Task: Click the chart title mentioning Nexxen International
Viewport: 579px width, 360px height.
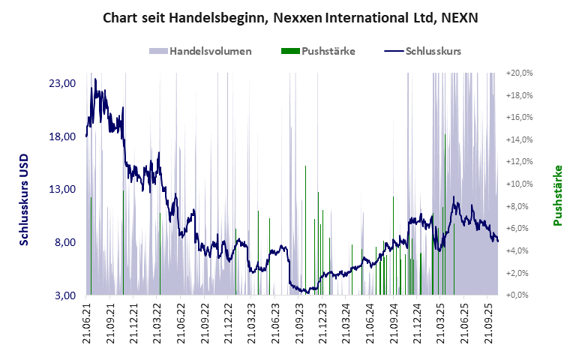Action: pos(289,17)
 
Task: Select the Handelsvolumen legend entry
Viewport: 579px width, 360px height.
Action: pos(200,51)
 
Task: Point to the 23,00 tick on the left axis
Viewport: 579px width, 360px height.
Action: pos(61,83)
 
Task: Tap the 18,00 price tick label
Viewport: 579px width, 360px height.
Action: pos(61,136)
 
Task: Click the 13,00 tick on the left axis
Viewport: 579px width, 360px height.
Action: pos(61,189)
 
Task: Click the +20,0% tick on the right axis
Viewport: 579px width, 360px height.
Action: pos(519,73)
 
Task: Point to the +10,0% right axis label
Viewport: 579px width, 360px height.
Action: pos(519,184)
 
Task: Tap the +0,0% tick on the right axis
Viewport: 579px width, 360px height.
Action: pos(519,295)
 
